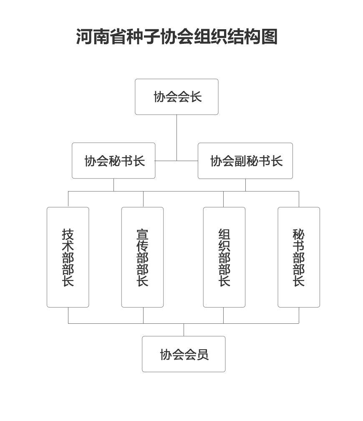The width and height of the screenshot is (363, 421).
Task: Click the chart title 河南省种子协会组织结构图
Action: point(176,37)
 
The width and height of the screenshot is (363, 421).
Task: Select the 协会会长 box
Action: point(176,97)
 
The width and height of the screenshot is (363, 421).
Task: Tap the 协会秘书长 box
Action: point(113,161)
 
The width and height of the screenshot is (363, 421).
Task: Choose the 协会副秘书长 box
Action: point(245,161)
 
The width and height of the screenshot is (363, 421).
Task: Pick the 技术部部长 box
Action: point(68,257)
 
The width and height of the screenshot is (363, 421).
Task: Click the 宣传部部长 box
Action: point(143,257)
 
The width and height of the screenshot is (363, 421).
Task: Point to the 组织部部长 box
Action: point(224,257)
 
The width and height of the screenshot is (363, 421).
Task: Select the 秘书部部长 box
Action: point(299,257)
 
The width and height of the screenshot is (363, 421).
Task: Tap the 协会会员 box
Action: point(184,354)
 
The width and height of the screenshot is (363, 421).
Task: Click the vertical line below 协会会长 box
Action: point(176,138)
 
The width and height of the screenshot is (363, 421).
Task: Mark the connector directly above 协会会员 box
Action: point(184,330)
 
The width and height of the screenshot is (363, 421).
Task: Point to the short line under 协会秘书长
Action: point(113,185)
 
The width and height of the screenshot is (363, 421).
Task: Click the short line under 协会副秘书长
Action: point(245,185)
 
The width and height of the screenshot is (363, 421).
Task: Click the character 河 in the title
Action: point(84,37)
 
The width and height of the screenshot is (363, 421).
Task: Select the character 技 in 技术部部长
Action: point(68,234)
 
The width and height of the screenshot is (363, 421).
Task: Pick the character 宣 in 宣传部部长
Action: point(143,234)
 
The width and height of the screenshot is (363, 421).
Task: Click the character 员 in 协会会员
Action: point(202,354)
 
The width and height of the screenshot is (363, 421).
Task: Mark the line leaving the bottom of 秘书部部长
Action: point(299,315)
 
